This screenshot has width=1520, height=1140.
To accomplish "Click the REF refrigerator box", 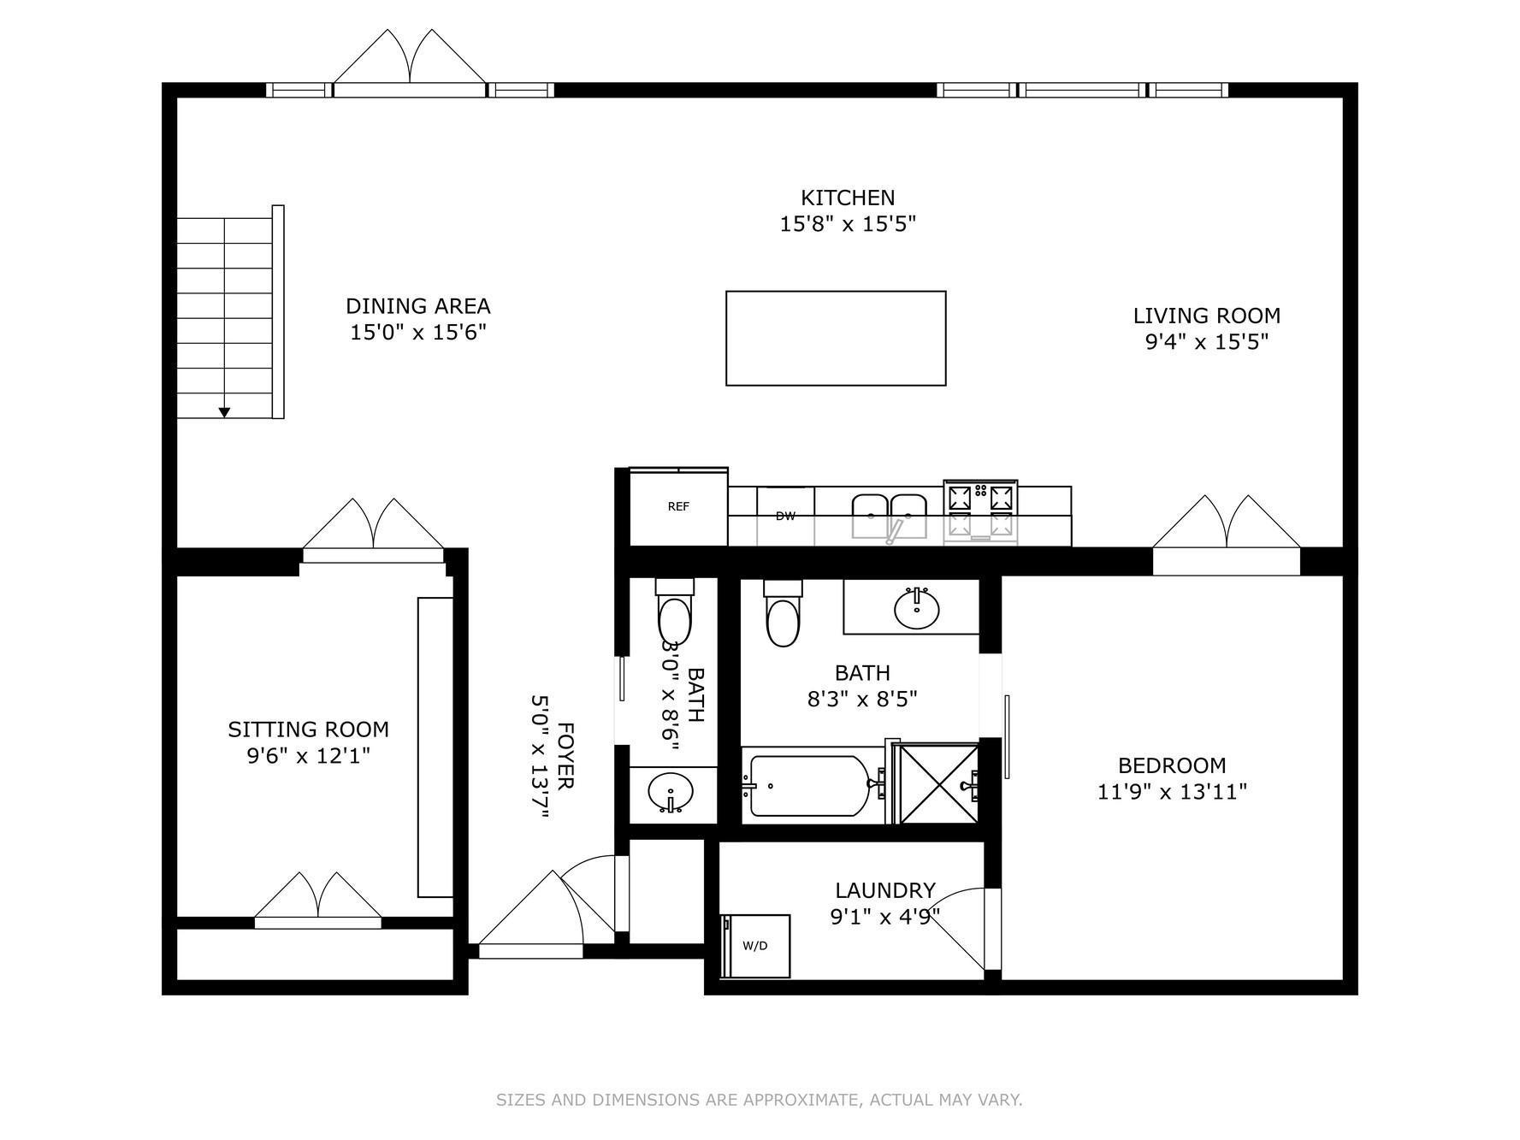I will coord(677,506).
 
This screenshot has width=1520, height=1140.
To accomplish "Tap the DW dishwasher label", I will coord(785,516).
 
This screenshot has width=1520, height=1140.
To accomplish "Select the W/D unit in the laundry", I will coord(755,946).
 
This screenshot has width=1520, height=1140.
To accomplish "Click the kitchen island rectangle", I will coord(836,339).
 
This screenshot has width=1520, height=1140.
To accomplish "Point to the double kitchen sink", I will coord(889,516).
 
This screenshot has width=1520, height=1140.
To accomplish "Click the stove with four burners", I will coord(980,511).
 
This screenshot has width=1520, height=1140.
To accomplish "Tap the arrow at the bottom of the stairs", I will coord(224,412).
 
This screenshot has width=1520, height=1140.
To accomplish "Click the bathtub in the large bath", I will coord(808,785).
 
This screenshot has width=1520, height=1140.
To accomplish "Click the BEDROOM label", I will coord(1172,765).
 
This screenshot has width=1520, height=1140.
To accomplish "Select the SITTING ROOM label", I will coord(308,729).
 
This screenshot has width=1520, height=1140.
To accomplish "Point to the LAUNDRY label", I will coord(885,890).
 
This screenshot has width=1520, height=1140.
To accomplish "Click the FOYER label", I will coord(565,756).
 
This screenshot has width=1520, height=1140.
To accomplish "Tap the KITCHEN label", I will coord(848,198).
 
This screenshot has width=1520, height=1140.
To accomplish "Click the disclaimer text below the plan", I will coord(759,1100).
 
